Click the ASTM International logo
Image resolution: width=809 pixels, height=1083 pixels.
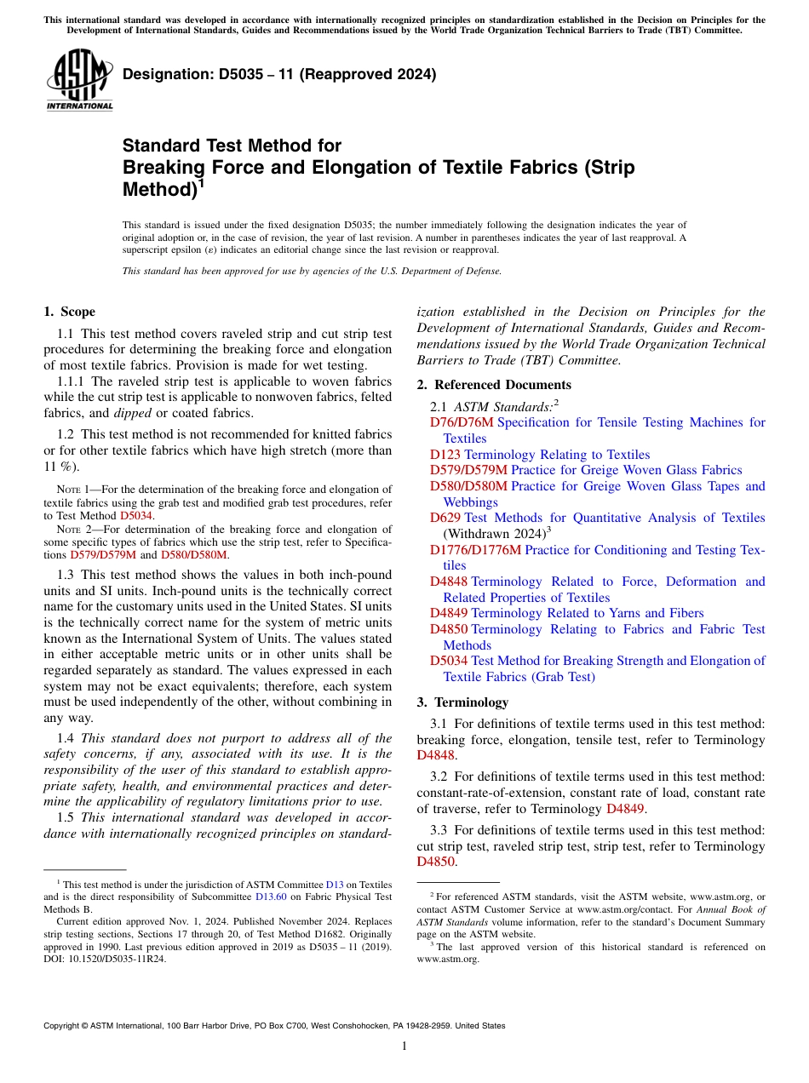79,80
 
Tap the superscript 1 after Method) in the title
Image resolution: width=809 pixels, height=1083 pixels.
201,182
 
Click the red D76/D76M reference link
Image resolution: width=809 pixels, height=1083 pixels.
461,422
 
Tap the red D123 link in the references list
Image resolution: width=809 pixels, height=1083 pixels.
445,455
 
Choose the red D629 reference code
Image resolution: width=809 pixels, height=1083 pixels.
445,518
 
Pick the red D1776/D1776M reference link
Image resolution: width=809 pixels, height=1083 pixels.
474,550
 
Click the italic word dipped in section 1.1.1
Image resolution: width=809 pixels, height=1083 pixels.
135,413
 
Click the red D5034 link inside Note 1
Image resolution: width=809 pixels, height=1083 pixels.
136,515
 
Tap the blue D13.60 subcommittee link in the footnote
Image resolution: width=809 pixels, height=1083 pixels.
272,896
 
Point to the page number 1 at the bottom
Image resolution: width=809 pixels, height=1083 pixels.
404,1046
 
